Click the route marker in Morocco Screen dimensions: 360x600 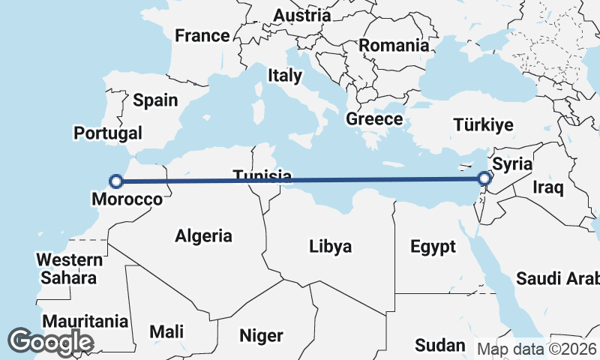[x=116, y=181]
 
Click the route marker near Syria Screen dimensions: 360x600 [x=484, y=178]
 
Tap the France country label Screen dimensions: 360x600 [x=202, y=35]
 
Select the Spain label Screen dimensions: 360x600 [x=155, y=100]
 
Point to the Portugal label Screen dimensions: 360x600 [x=108, y=133]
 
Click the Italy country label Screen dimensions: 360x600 [x=285, y=75]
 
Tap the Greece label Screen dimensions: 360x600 [x=374, y=118]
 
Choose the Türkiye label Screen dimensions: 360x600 [x=483, y=125]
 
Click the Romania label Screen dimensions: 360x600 [x=394, y=45]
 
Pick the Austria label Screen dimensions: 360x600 [x=301, y=15]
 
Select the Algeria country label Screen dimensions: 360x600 [x=203, y=236]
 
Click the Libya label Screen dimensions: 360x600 [x=331, y=246]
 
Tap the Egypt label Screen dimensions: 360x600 [x=433, y=247]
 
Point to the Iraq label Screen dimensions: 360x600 [x=547, y=187]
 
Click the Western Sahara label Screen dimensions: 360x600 [x=70, y=268]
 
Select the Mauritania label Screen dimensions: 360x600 [x=85, y=322]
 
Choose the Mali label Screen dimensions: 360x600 [x=166, y=331]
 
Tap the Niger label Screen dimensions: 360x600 [x=261, y=335]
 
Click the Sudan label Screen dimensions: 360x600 [x=440, y=345]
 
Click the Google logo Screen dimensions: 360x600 [x=50, y=342]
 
